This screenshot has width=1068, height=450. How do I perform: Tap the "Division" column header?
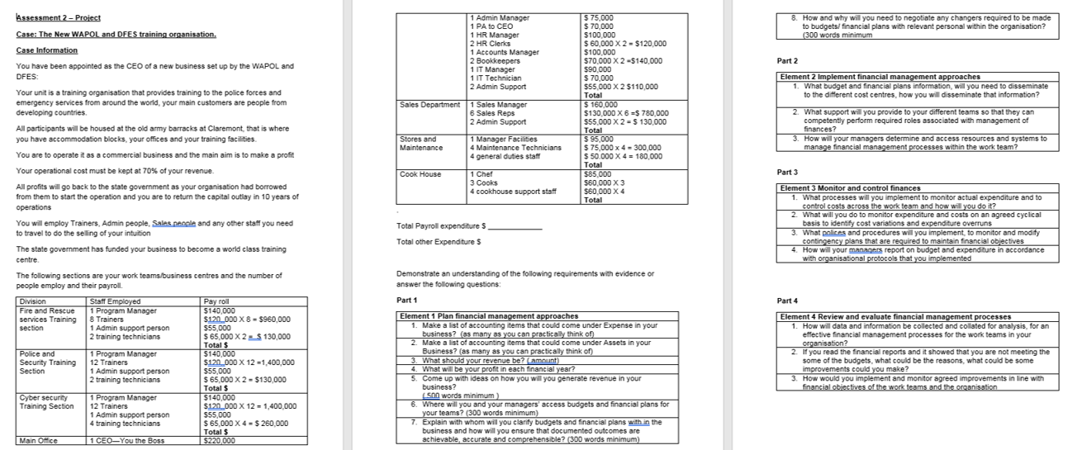pyautogui.click(x=33, y=301)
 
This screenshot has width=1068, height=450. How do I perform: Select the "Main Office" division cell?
pyautogui.click(x=38, y=441)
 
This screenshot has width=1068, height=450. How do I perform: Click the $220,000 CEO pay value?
pyautogui.click(x=220, y=441)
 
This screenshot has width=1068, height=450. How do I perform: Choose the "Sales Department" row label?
pyautogui.click(x=430, y=105)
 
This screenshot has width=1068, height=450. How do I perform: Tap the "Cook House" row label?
pyautogui.click(x=420, y=174)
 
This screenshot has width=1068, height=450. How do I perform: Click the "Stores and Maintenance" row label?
pyautogui.click(x=419, y=144)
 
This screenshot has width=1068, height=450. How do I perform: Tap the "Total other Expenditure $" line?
pyautogui.click(x=439, y=242)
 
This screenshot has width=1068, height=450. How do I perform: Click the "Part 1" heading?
pyautogui.click(x=408, y=300)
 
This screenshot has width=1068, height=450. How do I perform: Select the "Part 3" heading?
pyautogui.click(x=789, y=172)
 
